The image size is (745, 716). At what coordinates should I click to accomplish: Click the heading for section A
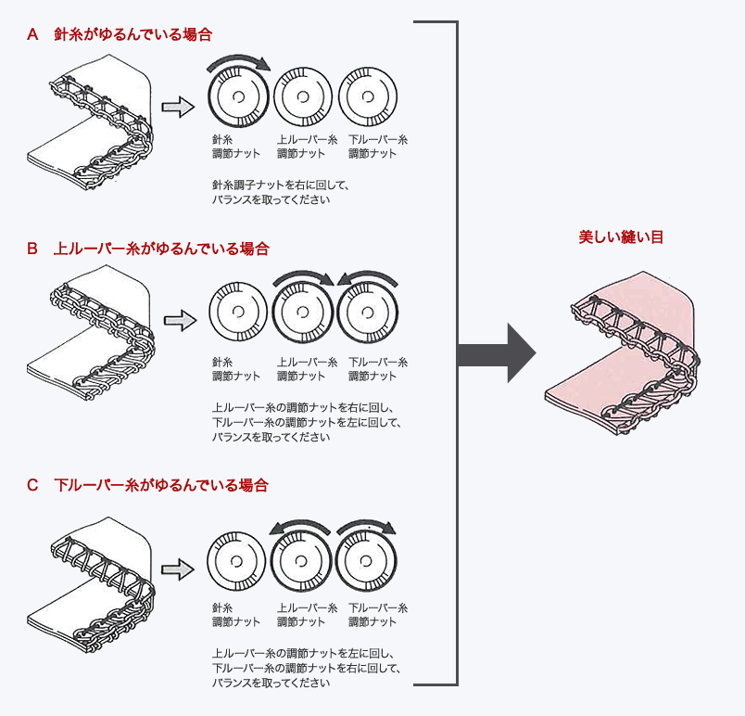coord(120,35)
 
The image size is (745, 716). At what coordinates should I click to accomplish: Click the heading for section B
coord(148,249)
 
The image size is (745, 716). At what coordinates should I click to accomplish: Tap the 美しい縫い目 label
coord(621,237)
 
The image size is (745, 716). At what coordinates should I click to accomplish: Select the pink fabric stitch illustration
coord(621,352)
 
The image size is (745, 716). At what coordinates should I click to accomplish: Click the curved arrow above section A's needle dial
coord(238,62)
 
